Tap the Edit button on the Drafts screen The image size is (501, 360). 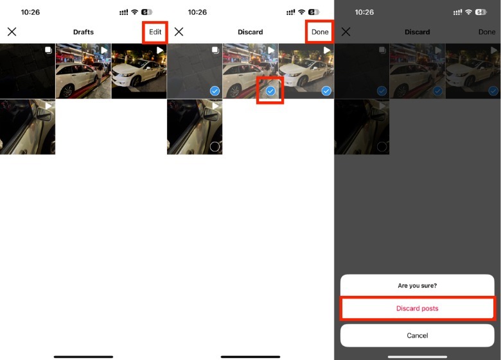pos(155,32)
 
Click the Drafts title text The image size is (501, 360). pos(83,32)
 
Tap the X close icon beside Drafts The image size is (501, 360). pos(12,31)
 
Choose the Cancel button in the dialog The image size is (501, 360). pos(418,336)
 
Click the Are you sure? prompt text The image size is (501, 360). pos(418,286)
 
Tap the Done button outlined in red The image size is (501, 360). pos(320,32)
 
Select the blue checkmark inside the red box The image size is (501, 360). pos(270,91)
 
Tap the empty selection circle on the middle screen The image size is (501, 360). pos(215,146)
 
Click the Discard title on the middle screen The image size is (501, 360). pos(251,32)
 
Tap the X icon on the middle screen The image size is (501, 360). pos(179,31)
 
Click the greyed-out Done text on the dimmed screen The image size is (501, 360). pos(487,32)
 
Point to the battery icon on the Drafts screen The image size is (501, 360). pos(146,12)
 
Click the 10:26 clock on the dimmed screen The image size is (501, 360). pos(364,12)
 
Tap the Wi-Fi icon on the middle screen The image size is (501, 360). pos(301,12)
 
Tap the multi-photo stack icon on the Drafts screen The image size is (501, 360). pos(48,50)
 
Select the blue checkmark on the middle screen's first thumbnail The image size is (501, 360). pos(215,91)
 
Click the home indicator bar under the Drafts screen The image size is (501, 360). pos(83,357)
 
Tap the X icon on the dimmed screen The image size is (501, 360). pos(346,31)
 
